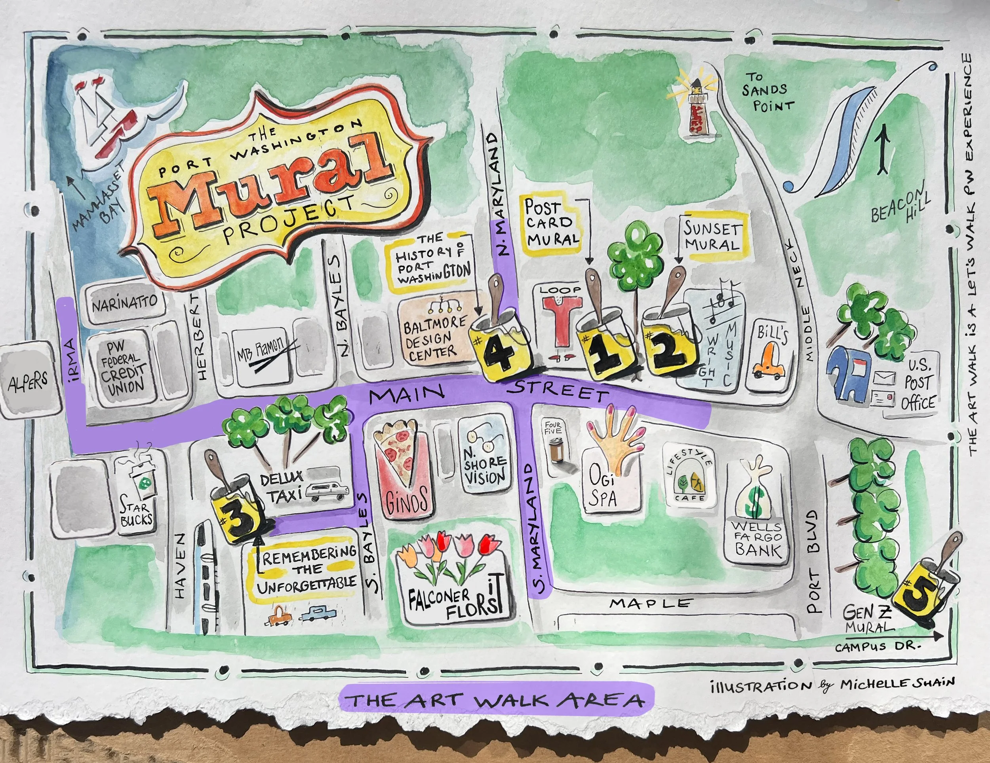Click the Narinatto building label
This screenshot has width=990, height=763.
[x=125, y=303]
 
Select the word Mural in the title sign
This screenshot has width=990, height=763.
[x=272, y=181]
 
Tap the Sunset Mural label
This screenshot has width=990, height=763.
[x=712, y=237]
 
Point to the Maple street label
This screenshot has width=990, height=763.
[x=651, y=603]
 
